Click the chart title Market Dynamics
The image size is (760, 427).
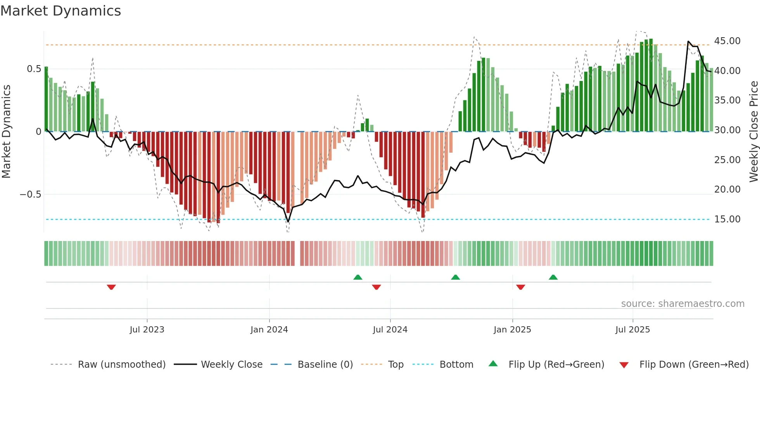click(60, 11)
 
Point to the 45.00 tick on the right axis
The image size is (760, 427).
click(727, 41)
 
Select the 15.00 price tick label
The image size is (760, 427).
click(727, 219)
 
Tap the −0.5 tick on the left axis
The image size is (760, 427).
click(30, 195)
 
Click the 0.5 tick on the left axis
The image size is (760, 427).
click(34, 69)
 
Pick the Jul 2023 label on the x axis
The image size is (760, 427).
click(147, 330)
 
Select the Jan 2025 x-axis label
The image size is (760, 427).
click(512, 330)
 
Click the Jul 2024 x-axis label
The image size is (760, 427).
click(390, 330)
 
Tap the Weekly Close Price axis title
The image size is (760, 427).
click(753, 131)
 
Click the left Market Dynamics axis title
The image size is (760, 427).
click(6, 131)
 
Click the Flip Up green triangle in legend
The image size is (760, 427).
click(493, 363)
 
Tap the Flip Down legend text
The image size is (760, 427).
click(694, 365)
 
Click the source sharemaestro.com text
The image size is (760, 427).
click(682, 304)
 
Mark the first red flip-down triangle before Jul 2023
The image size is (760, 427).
click(111, 287)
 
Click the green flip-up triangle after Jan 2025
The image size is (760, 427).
click(553, 277)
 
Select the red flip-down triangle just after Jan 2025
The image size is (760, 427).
click(520, 287)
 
